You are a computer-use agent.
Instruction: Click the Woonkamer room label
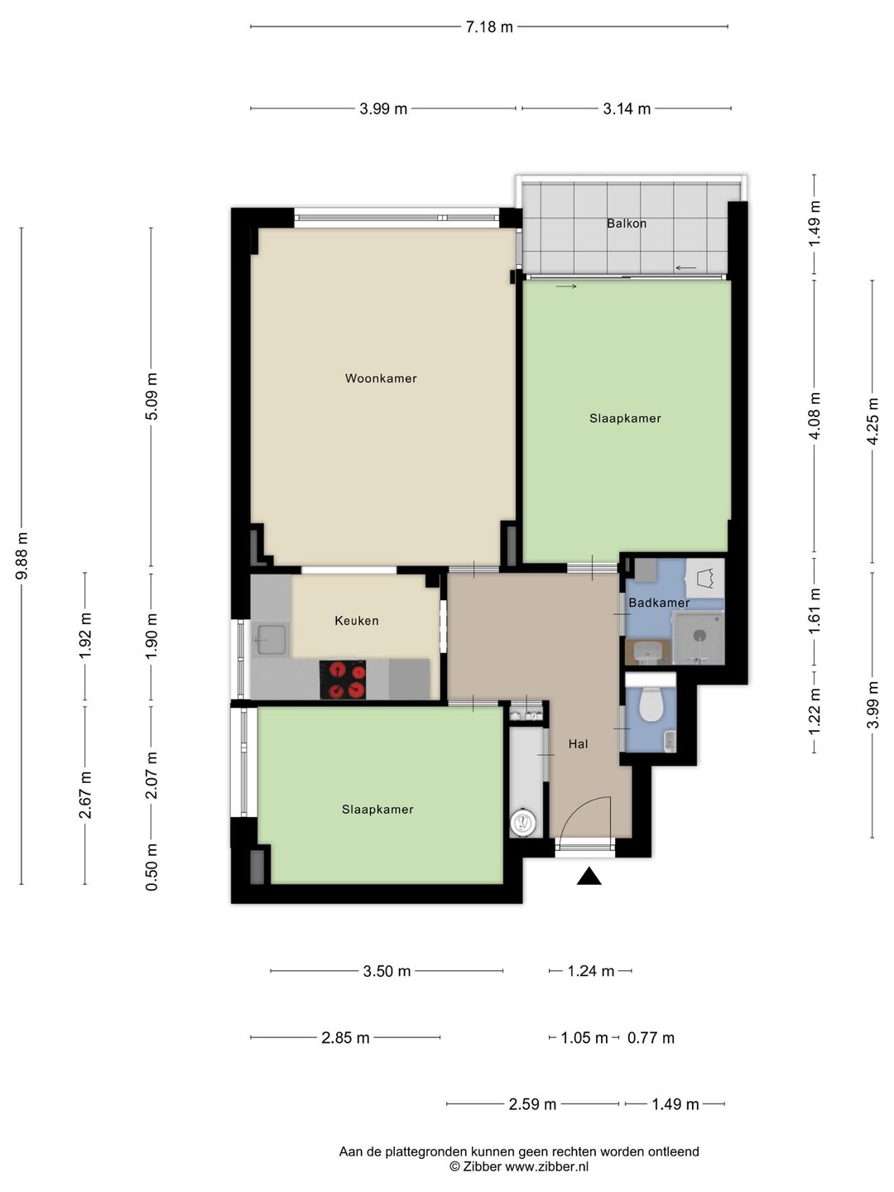(x=381, y=378)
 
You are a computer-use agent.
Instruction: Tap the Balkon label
(x=627, y=223)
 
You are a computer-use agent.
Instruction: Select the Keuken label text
(x=357, y=621)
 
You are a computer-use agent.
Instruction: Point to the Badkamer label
(x=659, y=603)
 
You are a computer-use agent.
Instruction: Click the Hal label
(x=578, y=744)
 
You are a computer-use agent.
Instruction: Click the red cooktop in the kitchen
(x=343, y=680)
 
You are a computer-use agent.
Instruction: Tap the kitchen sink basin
(x=272, y=640)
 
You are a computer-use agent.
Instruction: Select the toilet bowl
(x=651, y=704)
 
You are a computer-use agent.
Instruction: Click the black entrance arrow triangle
(x=589, y=877)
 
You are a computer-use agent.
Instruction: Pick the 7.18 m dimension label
(x=489, y=26)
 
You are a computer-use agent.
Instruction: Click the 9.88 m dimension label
(x=22, y=556)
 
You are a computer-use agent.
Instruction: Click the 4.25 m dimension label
(x=872, y=421)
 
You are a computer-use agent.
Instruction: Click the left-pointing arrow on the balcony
(x=685, y=267)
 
